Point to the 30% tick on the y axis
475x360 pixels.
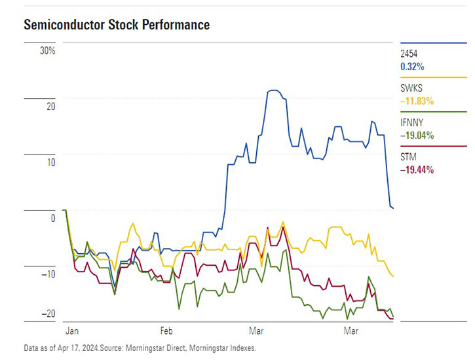pos(48,51)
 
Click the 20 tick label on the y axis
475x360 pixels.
pos(50,106)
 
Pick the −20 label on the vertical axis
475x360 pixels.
pos(47,314)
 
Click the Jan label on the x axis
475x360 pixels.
pos(72,332)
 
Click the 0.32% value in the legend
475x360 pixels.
pos(412,66)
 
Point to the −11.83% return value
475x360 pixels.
pos(417,101)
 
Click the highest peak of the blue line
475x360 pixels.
pos(273,90)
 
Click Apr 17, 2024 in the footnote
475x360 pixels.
pos(78,348)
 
